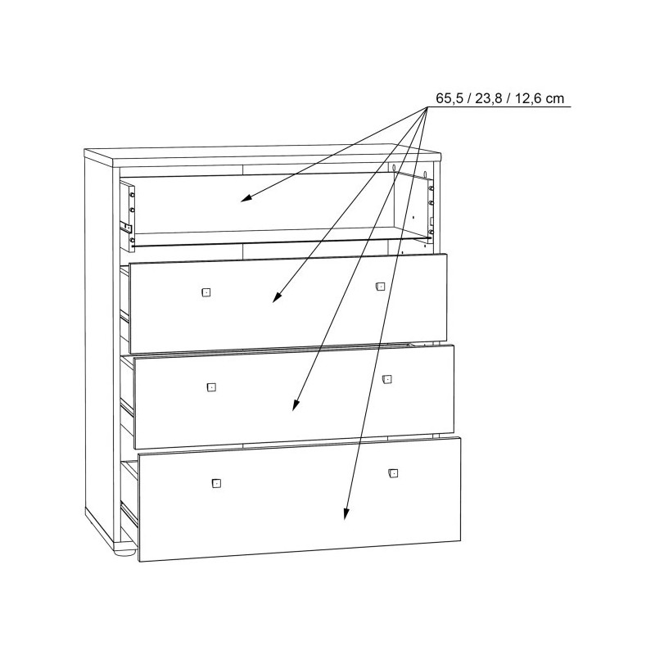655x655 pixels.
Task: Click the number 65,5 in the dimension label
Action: click(x=449, y=98)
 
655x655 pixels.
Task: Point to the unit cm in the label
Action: click(x=555, y=99)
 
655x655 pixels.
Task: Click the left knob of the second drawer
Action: click(x=206, y=292)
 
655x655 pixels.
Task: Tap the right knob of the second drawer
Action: click(x=380, y=286)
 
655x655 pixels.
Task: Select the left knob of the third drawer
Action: click(x=211, y=387)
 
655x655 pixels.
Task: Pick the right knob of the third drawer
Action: click(x=386, y=379)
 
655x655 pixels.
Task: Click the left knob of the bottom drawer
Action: click(x=216, y=483)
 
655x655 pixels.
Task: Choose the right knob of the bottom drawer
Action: click(x=393, y=473)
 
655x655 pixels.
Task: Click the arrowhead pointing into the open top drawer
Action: click(x=246, y=198)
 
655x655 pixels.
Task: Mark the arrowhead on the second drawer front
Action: click(x=277, y=296)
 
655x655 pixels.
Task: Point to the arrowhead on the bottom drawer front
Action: click(x=346, y=513)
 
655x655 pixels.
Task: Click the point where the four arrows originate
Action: click(x=427, y=107)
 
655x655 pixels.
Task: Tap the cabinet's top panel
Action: click(x=262, y=155)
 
